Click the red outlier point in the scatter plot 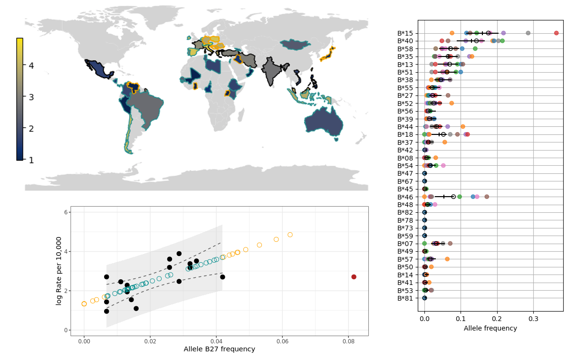[x=354, y=277]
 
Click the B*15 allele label [x=405, y=33]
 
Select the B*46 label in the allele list [x=405, y=197]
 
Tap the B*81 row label [x=405, y=298]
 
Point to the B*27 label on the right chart [x=405, y=95]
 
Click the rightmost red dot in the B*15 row [x=557, y=33]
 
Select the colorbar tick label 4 [x=31, y=66]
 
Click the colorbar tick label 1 [x=31, y=160]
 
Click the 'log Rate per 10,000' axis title [x=58, y=271]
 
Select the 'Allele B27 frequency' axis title [x=219, y=350]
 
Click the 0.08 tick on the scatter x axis [x=348, y=341]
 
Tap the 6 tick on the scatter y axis [x=65, y=212]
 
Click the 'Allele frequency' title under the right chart [x=490, y=329]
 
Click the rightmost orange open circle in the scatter [x=290, y=235]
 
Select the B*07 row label [x=405, y=244]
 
